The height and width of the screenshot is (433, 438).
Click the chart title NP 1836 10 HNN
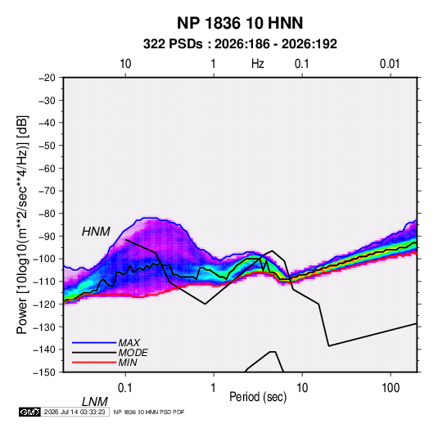[240, 23]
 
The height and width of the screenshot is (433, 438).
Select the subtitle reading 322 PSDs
[173, 44]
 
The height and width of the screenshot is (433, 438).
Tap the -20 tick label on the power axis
[47, 78]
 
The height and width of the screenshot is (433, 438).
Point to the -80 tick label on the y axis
[47, 214]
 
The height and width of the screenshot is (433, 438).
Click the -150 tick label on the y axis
[44, 372]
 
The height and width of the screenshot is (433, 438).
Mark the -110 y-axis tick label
[44, 282]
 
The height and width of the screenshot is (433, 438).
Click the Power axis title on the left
[22, 225]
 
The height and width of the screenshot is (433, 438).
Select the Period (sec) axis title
[258, 397]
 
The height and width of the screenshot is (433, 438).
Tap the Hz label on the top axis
[258, 64]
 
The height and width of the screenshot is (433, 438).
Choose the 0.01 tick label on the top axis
[390, 64]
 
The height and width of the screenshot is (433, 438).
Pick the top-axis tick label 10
[125, 64]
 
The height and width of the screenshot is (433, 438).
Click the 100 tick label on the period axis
[391, 388]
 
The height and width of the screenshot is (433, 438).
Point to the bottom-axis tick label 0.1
[125, 388]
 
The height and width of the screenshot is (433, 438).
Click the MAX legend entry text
[129, 342]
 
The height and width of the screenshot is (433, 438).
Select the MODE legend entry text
[133, 353]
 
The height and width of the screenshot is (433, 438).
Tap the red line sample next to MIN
[94, 363]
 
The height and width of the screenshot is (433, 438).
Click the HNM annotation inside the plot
[96, 232]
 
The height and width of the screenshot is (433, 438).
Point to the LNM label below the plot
[95, 402]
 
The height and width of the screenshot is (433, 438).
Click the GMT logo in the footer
[29, 412]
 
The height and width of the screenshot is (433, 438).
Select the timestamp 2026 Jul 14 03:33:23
[75, 412]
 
